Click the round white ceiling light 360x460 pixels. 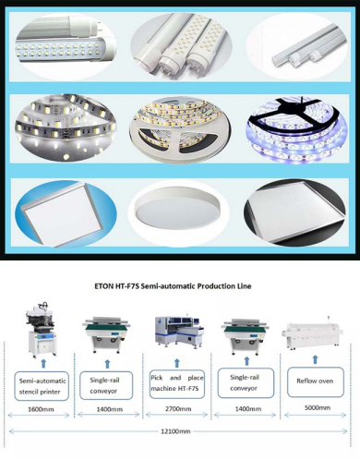click(x=178, y=210)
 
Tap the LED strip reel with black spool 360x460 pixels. click(x=296, y=130)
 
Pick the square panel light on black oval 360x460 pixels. click(x=295, y=212)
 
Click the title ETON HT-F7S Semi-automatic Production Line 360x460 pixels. click(x=173, y=286)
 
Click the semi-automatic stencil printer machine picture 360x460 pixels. click(x=42, y=330)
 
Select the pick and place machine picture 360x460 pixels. click(x=179, y=333)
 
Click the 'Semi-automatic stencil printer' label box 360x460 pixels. click(x=42, y=386)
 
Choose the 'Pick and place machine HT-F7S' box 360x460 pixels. click(x=177, y=383)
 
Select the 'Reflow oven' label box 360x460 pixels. click(x=316, y=381)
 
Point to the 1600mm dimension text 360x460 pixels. click(x=41, y=409)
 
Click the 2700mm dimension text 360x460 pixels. click(x=178, y=409)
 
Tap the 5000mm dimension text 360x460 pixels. click(x=318, y=407)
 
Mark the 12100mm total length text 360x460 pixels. click(x=175, y=431)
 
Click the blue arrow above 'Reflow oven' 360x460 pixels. click(x=315, y=359)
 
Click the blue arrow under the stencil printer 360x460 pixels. click(x=43, y=363)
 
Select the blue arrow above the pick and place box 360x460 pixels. click(x=177, y=363)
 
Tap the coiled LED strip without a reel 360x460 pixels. click(x=66, y=127)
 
